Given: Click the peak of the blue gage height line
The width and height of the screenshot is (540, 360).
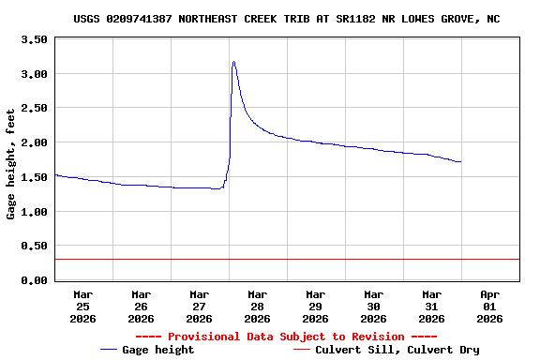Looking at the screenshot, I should click(x=233, y=62).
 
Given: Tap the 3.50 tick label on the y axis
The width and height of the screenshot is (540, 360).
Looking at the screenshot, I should click(x=33, y=39).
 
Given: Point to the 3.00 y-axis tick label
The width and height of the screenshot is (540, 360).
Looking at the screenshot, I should click(x=33, y=74).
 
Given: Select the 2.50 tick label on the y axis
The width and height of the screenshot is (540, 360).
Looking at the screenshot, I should click(x=33, y=108).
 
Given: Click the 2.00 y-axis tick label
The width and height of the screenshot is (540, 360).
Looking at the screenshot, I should click(x=33, y=142).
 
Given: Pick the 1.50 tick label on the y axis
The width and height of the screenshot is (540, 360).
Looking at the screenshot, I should click(x=33, y=177).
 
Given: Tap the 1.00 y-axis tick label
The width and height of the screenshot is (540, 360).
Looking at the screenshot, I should click(x=33, y=212).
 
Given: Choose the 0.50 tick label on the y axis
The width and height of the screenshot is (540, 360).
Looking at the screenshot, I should click(x=33, y=246).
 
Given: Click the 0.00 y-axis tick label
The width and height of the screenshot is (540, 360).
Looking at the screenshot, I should click(x=33, y=280).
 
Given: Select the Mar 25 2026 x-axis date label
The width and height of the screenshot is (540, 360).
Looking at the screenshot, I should click(x=82, y=307).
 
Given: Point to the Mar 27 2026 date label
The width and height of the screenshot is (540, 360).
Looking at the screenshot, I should click(x=199, y=307).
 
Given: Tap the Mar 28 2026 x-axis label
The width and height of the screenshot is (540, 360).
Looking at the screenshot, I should click(x=257, y=307).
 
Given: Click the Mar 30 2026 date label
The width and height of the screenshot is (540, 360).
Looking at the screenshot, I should click(x=373, y=307).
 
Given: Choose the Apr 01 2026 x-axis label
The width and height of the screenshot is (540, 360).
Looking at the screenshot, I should click(x=489, y=307).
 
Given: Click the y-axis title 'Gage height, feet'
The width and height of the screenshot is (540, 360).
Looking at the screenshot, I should click(x=11, y=164).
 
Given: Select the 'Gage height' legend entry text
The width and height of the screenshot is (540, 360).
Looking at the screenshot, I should click(x=159, y=350).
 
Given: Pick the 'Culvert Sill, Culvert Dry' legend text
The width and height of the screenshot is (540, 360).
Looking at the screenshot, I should click(x=397, y=350).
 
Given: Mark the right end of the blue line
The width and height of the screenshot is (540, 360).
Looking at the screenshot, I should click(x=460, y=162).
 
